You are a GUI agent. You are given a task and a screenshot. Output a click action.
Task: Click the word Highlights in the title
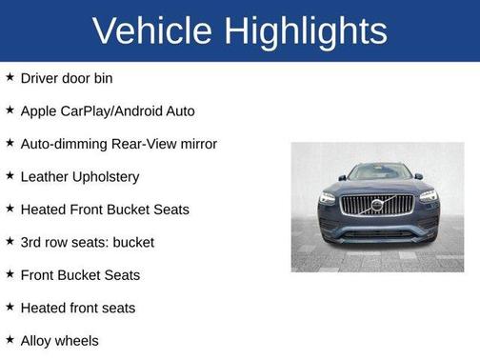[x=310, y=31]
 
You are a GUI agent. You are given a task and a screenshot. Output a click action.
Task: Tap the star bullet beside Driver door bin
[x=10, y=77]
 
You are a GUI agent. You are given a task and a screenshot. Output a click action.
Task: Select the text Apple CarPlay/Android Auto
[x=108, y=110]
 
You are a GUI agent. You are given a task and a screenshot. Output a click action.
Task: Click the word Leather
[x=46, y=176]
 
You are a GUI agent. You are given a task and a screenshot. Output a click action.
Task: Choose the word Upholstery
[x=107, y=177]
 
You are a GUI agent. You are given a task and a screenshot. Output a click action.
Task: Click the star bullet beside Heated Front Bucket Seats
[x=10, y=209]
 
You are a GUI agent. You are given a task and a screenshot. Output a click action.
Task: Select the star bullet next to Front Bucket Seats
[x=10, y=274]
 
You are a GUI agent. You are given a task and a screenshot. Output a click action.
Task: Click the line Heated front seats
[x=78, y=308]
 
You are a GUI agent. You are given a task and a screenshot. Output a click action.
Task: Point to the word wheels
[x=79, y=340]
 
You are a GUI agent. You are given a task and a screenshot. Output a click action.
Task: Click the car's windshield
[x=377, y=172]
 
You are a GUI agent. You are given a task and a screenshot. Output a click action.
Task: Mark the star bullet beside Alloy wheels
[x=10, y=339]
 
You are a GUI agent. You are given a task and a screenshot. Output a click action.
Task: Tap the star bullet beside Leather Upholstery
[x=10, y=175]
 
